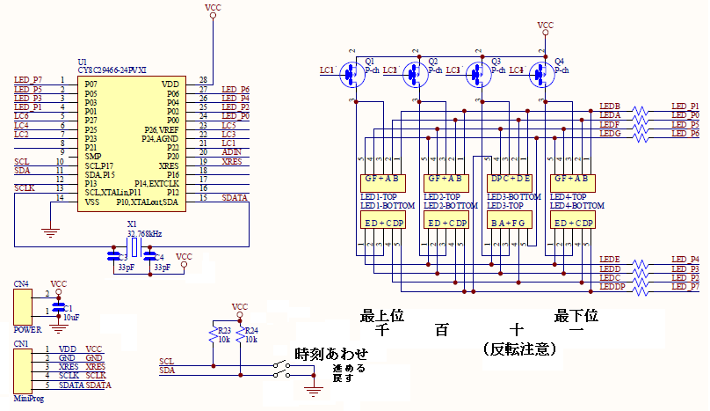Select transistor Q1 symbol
352,76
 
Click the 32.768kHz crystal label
144,234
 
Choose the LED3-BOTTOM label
514,196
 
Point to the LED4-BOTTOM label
577,205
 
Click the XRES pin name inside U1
169,164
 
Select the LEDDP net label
612,287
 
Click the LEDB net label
610,106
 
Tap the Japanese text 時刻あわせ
332,354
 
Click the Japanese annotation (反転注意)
519,349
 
